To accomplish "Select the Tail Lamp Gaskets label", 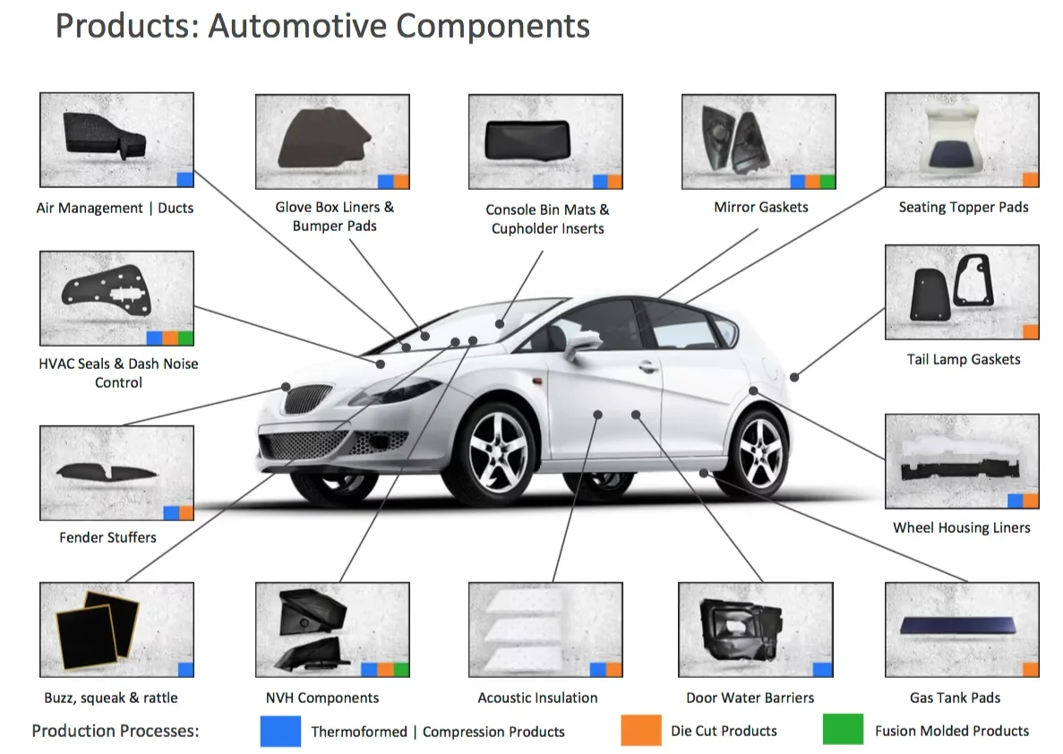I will pyautogui.click(x=963, y=359).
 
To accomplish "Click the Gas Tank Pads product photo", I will pyautogui.click(x=961, y=629).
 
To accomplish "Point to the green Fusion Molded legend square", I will pyautogui.click(x=843, y=730).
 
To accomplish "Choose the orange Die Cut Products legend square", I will pyautogui.click(x=640, y=730).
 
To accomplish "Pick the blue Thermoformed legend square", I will pyautogui.click(x=280, y=730).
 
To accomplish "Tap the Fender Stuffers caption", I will pyautogui.click(x=107, y=537).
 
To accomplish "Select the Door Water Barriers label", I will pyautogui.click(x=750, y=698).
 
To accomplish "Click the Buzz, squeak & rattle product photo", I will pyautogui.click(x=116, y=629).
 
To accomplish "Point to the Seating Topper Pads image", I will pyautogui.click(x=961, y=139).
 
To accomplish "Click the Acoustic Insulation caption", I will pyautogui.click(x=537, y=698).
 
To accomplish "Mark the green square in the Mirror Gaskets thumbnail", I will pyautogui.click(x=827, y=182).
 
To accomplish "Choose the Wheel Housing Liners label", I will pyautogui.click(x=961, y=527).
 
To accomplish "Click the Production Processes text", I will pyautogui.click(x=115, y=731).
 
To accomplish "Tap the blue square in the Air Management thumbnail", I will pyautogui.click(x=185, y=179).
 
